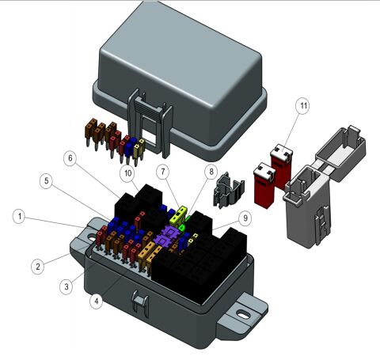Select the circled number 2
point(36,267)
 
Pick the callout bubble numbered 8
point(211,171)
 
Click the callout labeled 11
point(302,105)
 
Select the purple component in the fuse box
point(171,235)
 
